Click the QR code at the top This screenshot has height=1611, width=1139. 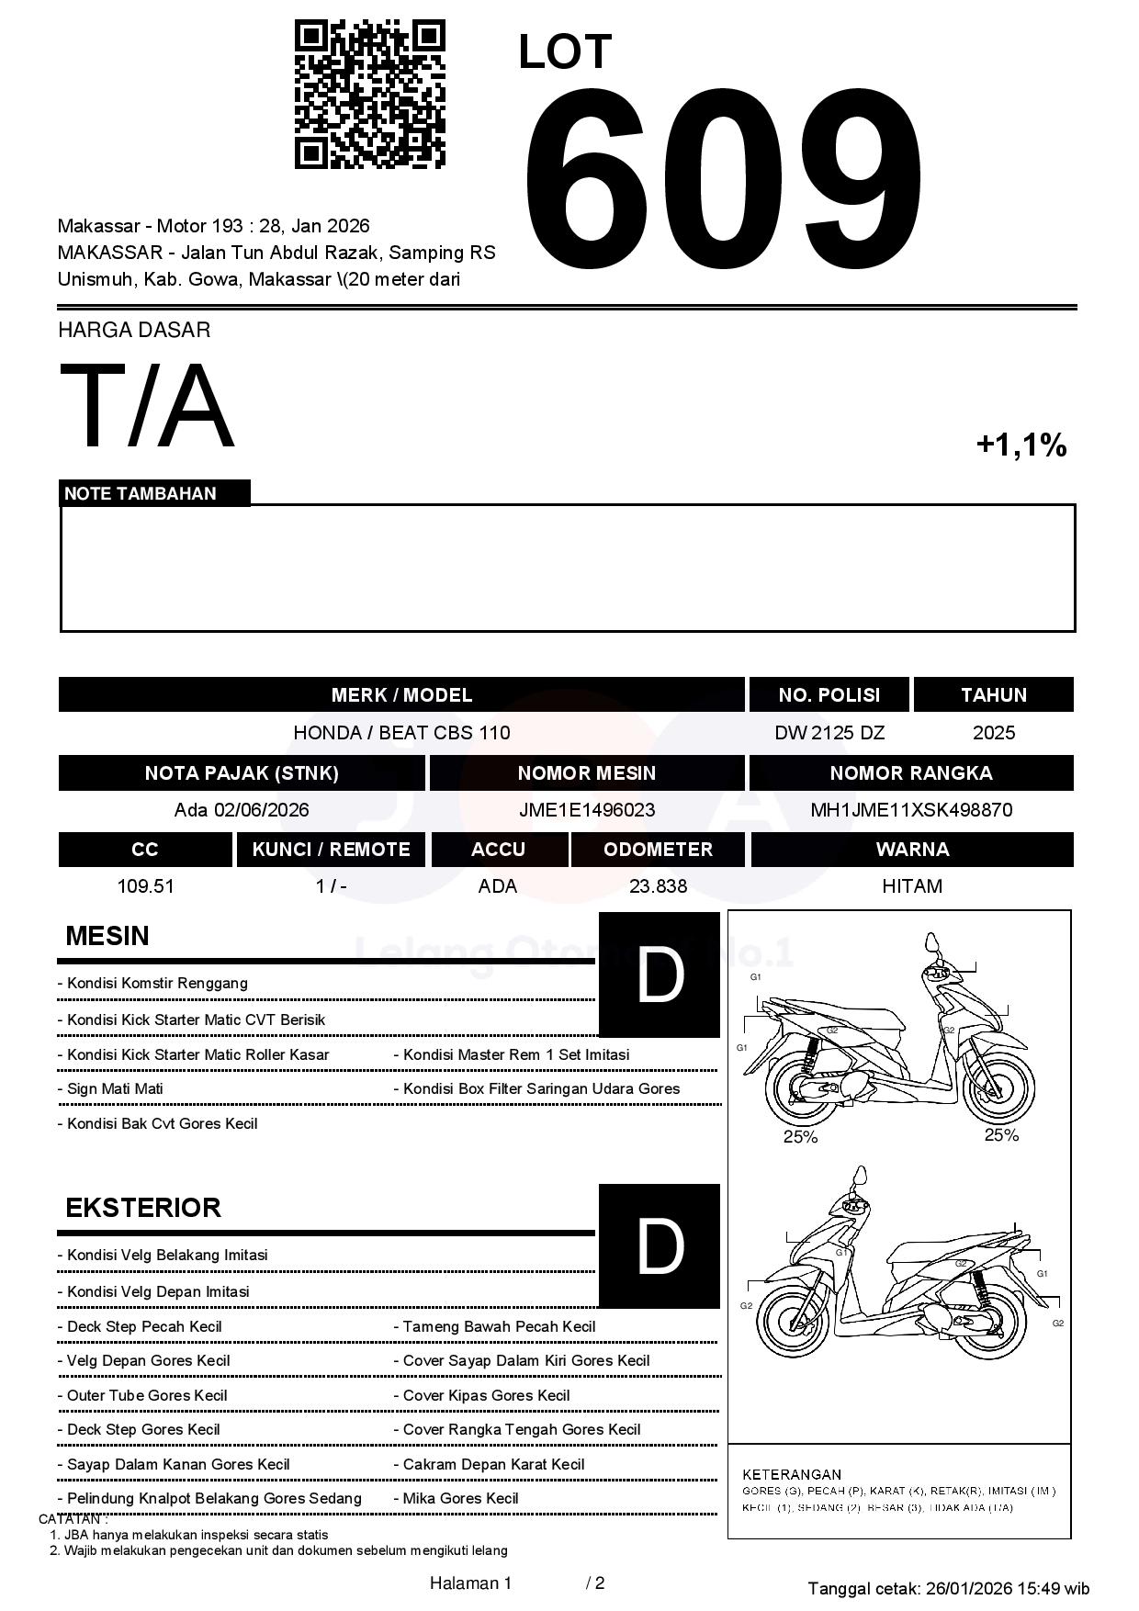(x=369, y=95)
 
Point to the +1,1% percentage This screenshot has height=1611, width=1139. (x=1021, y=445)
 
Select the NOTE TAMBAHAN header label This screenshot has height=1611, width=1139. (x=141, y=493)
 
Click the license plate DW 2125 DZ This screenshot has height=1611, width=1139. (x=829, y=733)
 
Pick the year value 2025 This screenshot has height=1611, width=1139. (x=993, y=733)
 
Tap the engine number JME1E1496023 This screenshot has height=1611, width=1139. (x=586, y=810)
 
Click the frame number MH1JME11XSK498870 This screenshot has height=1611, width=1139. (x=910, y=810)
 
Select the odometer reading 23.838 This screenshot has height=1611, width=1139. (x=658, y=886)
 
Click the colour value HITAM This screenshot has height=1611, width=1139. (x=911, y=886)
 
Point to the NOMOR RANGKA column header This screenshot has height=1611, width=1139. (x=910, y=773)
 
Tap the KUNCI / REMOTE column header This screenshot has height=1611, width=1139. (x=331, y=850)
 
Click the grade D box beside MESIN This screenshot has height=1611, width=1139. (x=659, y=974)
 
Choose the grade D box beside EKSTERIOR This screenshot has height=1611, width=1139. (x=659, y=1245)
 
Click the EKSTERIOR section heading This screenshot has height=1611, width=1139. (x=143, y=1207)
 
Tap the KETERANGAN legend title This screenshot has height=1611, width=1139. (x=791, y=1474)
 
